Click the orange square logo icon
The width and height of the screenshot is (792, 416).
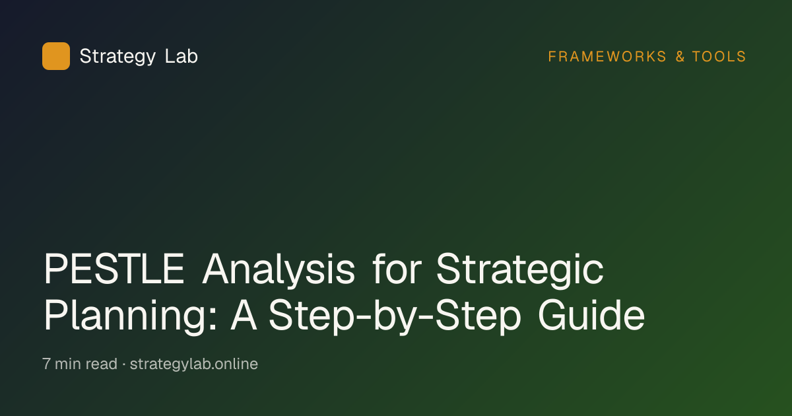[x=56, y=56]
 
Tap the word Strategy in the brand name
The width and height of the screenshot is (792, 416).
[x=117, y=57]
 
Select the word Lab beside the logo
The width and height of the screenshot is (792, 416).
[x=181, y=56]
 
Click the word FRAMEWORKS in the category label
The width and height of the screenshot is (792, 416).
[x=607, y=57]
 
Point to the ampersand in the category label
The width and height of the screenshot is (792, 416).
[x=680, y=57]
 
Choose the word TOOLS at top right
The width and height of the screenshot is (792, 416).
[x=719, y=57]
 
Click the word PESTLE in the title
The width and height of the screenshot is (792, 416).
[x=114, y=269]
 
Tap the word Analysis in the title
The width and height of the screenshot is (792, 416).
[x=279, y=269]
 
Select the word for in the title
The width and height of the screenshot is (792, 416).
[x=397, y=268]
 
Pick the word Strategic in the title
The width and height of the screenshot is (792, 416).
[x=520, y=269]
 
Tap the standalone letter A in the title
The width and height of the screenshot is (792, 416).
[x=244, y=314]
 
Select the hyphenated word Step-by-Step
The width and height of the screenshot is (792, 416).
[x=395, y=316]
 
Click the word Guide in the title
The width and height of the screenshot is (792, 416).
[x=591, y=314]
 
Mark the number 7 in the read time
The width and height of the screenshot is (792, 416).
[x=46, y=364]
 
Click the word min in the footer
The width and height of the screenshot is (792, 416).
[x=68, y=364]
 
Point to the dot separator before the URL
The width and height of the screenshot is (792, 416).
[x=124, y=364]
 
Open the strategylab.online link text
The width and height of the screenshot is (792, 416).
[x=194, y=364]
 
